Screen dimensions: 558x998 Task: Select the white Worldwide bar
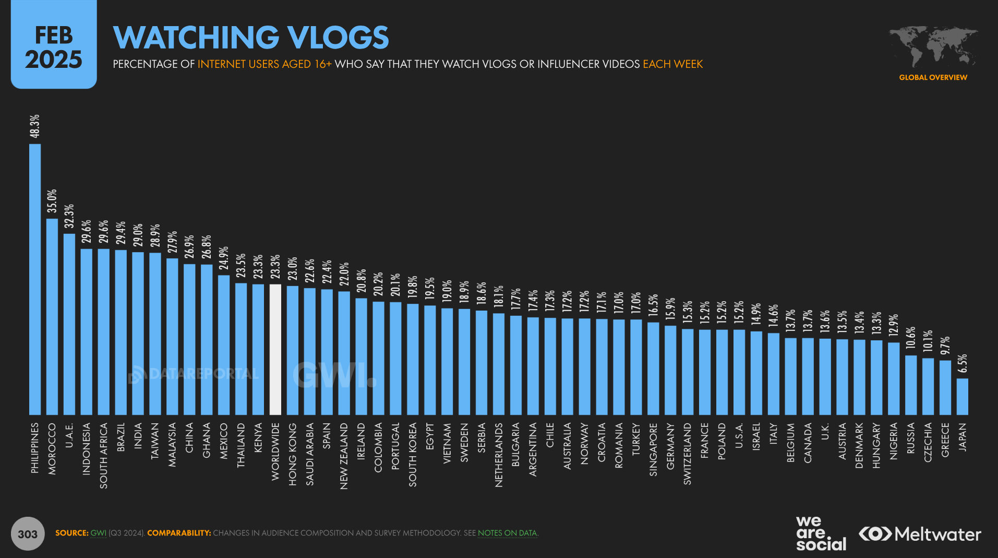[275, 349]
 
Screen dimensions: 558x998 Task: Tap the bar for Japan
[962, 396]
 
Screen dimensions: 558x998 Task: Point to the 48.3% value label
[34, 126]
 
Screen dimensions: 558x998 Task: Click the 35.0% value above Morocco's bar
[52, 201]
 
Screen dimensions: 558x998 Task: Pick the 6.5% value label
[962, 363]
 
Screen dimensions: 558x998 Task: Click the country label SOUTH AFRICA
[104, 455]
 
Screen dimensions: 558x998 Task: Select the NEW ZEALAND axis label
[344, 456]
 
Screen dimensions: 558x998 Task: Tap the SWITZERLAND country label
[688, 454]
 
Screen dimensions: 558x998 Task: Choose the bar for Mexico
[224, 345]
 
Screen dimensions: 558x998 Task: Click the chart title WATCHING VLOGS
[251, 38]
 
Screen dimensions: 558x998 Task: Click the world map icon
[933, 46]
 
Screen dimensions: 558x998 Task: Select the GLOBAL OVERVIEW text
[933, 77]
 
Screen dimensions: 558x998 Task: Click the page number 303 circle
[28, 533]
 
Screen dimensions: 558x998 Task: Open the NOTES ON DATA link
[507, 533]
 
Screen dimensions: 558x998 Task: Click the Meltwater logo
[920, 534]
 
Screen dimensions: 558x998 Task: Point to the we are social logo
[821, 533]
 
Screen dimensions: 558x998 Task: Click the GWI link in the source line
[98, 533]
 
